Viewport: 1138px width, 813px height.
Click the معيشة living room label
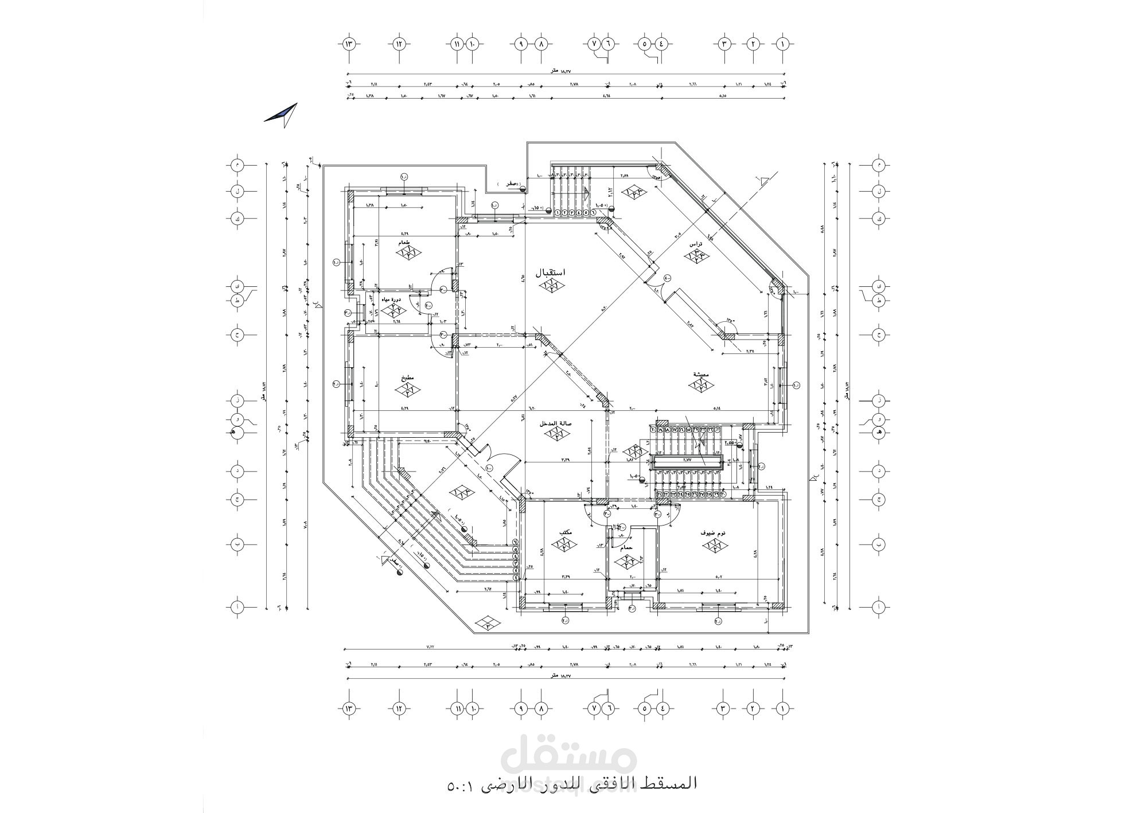tap(701, 375)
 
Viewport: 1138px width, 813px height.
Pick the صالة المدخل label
tap(554, 423)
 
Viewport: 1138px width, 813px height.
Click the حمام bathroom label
tap(626, 548)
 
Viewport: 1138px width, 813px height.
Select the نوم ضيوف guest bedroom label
tap(713, 533)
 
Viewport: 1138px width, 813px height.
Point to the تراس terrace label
tap(696, 243)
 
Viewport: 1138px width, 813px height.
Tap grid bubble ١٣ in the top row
tap(349, 44)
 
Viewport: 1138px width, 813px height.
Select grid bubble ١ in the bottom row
tap(781, 709)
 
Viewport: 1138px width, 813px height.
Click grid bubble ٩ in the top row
tap(521, 44)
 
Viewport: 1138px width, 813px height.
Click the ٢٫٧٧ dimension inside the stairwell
tap(687, 460)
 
